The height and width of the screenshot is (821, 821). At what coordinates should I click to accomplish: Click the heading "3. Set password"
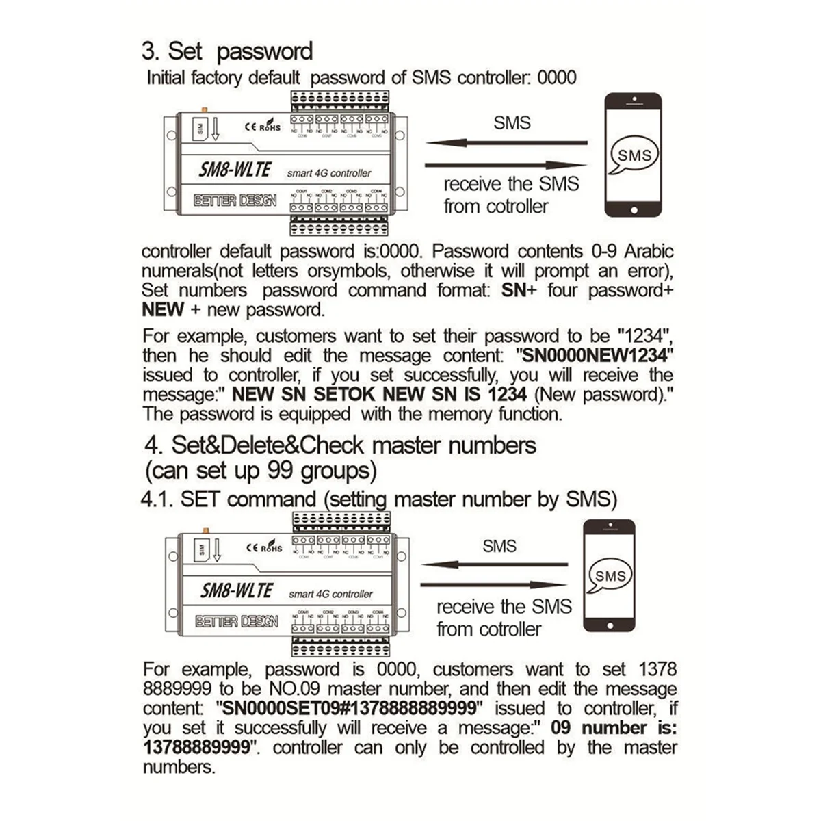(x=227, y=51)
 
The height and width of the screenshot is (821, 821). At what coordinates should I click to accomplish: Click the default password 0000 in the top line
(x=557, y=77)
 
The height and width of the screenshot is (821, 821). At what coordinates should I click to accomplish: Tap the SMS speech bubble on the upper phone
(x=634, y=155)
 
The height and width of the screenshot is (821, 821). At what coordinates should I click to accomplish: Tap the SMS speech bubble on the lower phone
(x=610, y=575)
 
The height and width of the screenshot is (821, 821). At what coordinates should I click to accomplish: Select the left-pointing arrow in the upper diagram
(x=506, y=143)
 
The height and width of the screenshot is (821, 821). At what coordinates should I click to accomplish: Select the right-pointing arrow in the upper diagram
(x=506, y=165)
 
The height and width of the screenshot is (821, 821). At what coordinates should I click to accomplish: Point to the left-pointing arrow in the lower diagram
(x=494, y=565)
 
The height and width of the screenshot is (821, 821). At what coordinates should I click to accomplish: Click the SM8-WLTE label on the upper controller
(x=235, y=169)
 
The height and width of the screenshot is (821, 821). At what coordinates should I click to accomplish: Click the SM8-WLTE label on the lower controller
(x=237, y=590)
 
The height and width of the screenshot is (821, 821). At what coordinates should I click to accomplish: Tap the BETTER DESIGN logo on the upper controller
(x=235, y=200)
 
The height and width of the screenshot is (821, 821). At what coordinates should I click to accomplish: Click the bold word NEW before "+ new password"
(x=163, y=309)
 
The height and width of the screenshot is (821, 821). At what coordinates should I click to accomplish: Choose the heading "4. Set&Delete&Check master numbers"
(x=340, y=445)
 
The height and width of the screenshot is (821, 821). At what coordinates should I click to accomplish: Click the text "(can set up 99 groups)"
(x=261, y=471)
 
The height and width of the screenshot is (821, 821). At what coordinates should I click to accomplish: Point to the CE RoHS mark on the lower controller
(x=263, y=547)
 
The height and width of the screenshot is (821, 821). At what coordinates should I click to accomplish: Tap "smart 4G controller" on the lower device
(x=330, y=594)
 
